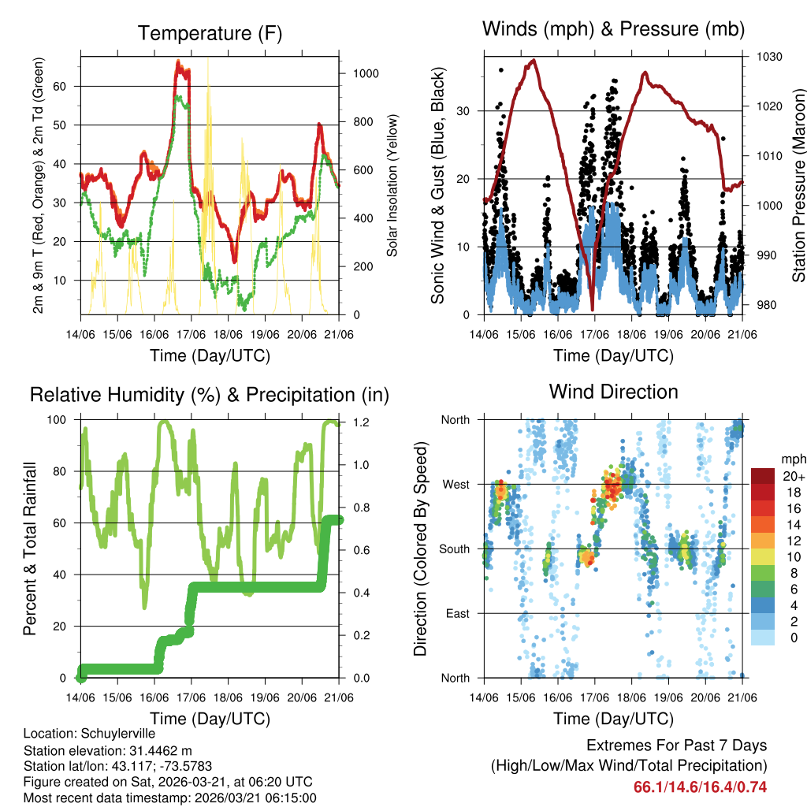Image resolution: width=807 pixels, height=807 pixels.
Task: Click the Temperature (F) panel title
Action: coord(210,33)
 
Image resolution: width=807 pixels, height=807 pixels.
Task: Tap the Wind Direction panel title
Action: coord(613,392)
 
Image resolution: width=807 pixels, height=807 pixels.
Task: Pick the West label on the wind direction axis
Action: coord(455,484)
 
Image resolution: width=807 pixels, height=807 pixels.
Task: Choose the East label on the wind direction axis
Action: coord(456,613)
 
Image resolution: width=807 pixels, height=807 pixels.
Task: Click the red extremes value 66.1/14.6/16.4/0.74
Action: coord(700,787)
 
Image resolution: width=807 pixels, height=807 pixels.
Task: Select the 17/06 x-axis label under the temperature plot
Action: coord(191,335)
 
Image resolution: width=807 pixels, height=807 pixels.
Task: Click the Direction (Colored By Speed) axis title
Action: coord(420,549)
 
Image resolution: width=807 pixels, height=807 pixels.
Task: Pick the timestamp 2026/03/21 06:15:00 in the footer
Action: coord(247,798)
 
